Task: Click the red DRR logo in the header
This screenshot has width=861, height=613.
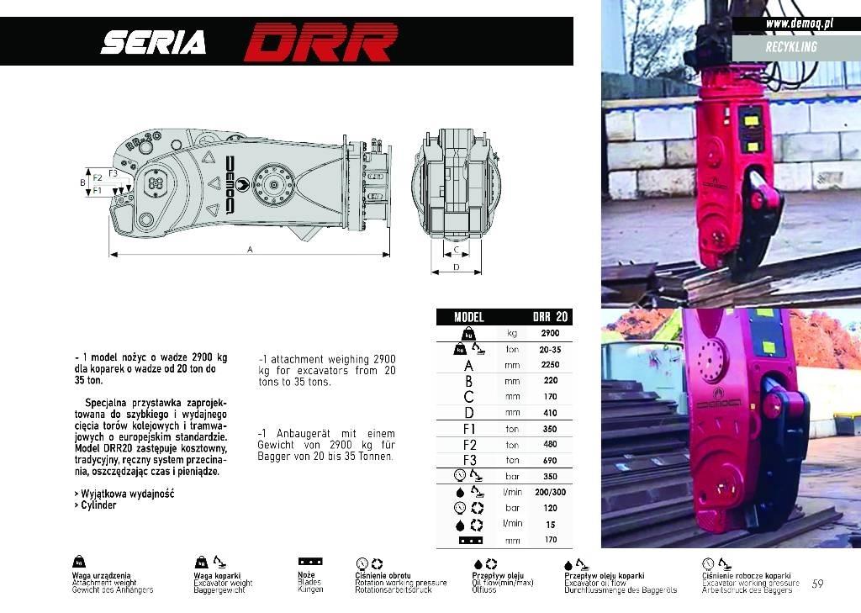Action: coord(321,41)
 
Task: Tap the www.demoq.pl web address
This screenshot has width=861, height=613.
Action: coord(799,24)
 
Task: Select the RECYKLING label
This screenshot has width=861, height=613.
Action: coord(791,46)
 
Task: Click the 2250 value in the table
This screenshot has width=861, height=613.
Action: coord(550,365)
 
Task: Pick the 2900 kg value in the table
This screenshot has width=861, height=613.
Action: coord(550,333)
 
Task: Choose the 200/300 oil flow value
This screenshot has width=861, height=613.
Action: coord(550,492)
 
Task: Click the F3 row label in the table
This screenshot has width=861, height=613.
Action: coord(469,461)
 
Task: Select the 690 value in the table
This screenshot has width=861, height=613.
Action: coord(550,461)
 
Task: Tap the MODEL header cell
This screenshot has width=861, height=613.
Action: coord(469,317)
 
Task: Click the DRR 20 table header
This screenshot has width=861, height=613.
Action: coord(550,317)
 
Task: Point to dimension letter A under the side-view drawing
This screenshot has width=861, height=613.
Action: coord(250,249)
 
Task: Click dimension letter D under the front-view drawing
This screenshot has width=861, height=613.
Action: coord(456,267)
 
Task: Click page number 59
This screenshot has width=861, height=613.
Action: coord(817,583)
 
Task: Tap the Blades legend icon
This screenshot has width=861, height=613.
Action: coord(310,561)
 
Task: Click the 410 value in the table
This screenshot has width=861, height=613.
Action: coord(550,413)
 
